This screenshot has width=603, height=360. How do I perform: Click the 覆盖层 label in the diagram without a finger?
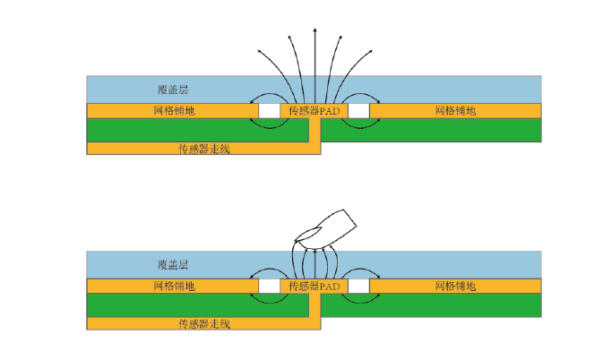click(x=172, y=90)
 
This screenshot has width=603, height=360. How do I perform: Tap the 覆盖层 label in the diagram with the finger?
click(x=172, y=265)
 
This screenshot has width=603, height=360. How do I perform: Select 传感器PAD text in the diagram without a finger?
click(x=314, y=111)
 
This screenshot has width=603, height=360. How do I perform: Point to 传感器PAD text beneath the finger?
click(x=314, y=287)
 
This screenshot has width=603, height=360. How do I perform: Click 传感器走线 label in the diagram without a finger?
click(x=204, y=149)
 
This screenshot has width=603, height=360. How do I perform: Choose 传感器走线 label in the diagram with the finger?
click(x=204, y=323)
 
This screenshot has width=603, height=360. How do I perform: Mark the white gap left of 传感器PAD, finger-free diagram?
click(x=268, y=110)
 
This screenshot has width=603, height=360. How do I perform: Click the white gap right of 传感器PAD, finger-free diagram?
click(x=359, y=110)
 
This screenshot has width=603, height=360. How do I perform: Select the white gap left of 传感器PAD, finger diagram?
click(x=268, y=286)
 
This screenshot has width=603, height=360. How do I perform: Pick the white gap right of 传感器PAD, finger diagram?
click(x=359, y=286)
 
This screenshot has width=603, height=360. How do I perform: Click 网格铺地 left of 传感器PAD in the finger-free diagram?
click(x=175, y=111)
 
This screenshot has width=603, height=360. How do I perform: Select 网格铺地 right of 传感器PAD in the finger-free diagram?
click(x=455, y=111)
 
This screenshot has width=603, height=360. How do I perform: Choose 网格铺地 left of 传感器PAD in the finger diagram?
click(x=175, y=287)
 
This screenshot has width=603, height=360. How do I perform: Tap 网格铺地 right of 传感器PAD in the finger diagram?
click(x=455, y=287)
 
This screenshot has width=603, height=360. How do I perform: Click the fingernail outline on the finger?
click(x=308, y=235)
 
